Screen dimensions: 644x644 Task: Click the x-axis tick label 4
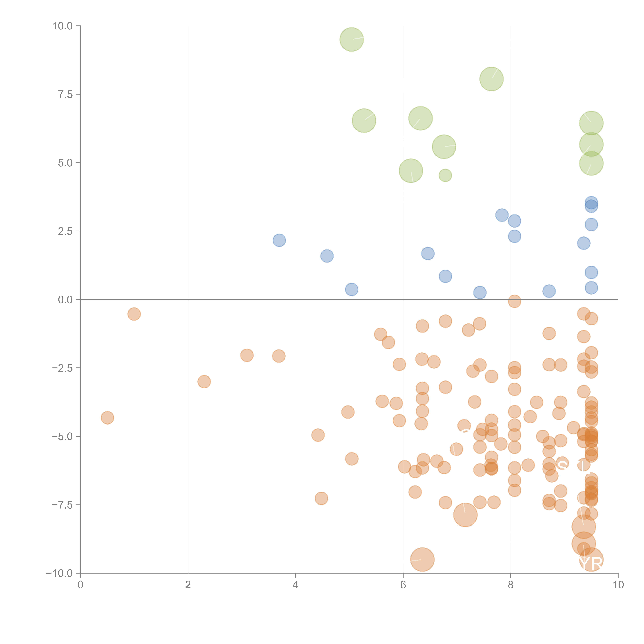pyautogui.click(x=295, y=585)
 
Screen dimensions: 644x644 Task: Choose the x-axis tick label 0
pyautogui.click(x=80, y=585)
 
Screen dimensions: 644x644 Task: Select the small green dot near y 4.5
pyautogui.click(x=445, y=175)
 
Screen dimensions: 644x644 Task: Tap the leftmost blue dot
pyautogui.click(x=279, y=240)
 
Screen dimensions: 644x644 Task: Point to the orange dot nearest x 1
pyautogui.click(x=134, y=314)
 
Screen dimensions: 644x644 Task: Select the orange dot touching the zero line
pyautogui.click(x=514, y=301)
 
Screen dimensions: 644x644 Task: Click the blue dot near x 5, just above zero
pyautogui.click(x=351, y=289)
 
